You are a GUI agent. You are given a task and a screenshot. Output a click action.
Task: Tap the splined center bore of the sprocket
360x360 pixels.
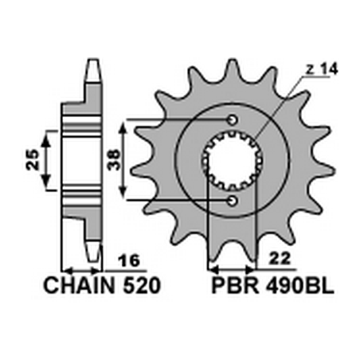(232, 159)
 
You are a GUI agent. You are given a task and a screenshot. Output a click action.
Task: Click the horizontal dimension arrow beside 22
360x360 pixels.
(232, 267)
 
